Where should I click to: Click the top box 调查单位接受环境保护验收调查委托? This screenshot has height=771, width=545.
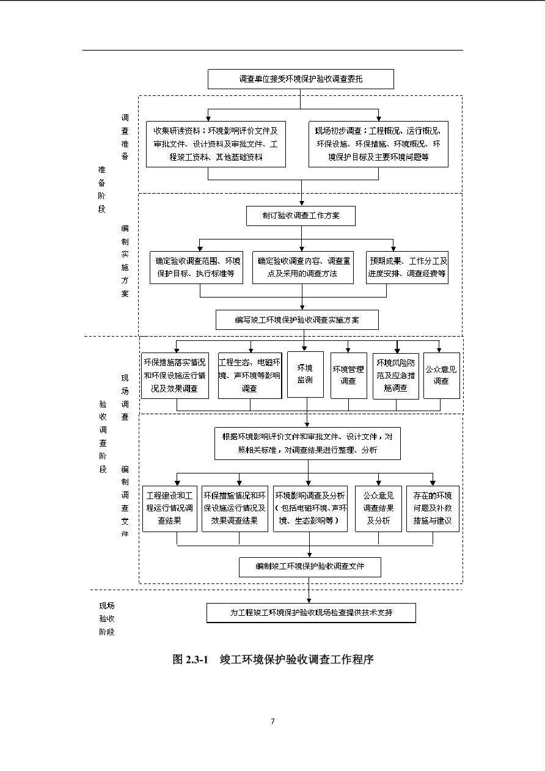[301, 79]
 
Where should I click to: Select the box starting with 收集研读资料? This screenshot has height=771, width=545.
[216, 144]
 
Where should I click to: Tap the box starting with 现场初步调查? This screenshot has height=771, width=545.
[378, 144]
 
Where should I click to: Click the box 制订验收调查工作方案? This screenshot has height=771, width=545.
[301, 216]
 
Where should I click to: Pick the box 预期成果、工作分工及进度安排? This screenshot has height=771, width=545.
[407, 268]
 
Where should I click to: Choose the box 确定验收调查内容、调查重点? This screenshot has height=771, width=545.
[303, 268]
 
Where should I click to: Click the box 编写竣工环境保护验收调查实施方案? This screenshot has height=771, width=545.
[297, 320]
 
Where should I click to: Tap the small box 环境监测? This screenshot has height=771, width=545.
[305, 375]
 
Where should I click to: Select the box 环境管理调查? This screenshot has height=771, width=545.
[349, 376]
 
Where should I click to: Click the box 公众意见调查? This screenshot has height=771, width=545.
[441, 376]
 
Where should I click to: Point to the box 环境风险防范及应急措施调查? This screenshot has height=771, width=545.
[396, 376]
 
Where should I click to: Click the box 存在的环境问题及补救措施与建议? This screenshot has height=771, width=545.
[433, 509]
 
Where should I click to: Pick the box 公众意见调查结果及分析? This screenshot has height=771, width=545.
[378, 509]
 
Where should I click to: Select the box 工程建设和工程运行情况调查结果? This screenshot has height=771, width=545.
[170, 509]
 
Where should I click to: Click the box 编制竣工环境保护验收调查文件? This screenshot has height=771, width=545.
[310, 567]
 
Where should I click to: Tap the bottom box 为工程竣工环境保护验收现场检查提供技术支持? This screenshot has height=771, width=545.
[311, 613]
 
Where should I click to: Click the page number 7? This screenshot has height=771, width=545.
[272, 721]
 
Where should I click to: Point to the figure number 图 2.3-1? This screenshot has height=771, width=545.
[191, 659]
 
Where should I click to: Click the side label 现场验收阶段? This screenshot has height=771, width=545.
[107, 619]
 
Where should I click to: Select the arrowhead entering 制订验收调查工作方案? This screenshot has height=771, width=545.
[302, 203]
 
